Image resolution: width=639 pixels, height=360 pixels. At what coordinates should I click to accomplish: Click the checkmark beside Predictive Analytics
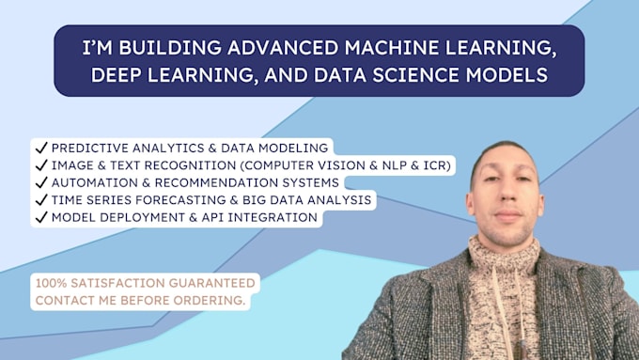[40, 148]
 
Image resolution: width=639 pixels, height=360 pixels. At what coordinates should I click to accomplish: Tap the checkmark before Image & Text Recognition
[40, 165]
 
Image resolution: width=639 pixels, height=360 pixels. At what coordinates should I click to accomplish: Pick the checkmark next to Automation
[40, 182]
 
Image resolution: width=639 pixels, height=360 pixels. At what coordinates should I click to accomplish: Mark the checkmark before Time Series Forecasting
[40, 200]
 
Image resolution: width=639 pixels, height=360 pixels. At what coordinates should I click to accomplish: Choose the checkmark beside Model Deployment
[40, 217]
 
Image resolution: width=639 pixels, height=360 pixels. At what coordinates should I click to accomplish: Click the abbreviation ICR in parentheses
[436, 165]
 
